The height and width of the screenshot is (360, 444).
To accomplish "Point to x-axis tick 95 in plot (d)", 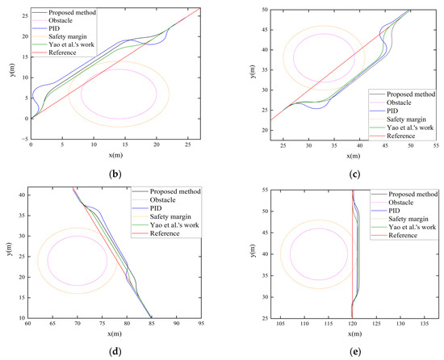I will (201, 325).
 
